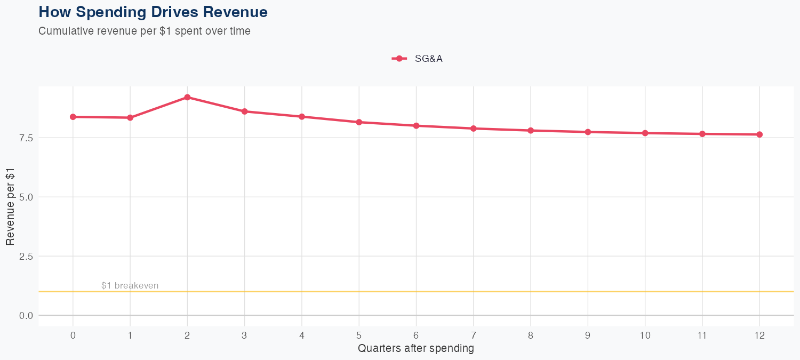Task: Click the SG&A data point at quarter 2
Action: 187,97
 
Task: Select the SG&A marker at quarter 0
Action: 73,117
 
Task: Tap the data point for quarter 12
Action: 759,134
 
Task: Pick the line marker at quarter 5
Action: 359,122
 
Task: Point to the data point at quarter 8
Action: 531,130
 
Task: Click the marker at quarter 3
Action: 244,111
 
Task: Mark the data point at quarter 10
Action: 645,133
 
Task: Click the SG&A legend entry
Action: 418,59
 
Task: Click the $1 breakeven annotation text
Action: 130,286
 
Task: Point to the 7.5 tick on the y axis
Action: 26,138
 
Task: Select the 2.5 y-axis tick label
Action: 26,256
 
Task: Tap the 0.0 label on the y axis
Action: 26,315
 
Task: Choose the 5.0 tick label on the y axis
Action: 26,197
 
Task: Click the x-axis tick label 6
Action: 416,335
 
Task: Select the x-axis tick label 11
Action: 702,335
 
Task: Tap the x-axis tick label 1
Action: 130,335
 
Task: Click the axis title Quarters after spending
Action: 415,349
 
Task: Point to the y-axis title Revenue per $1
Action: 10,206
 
